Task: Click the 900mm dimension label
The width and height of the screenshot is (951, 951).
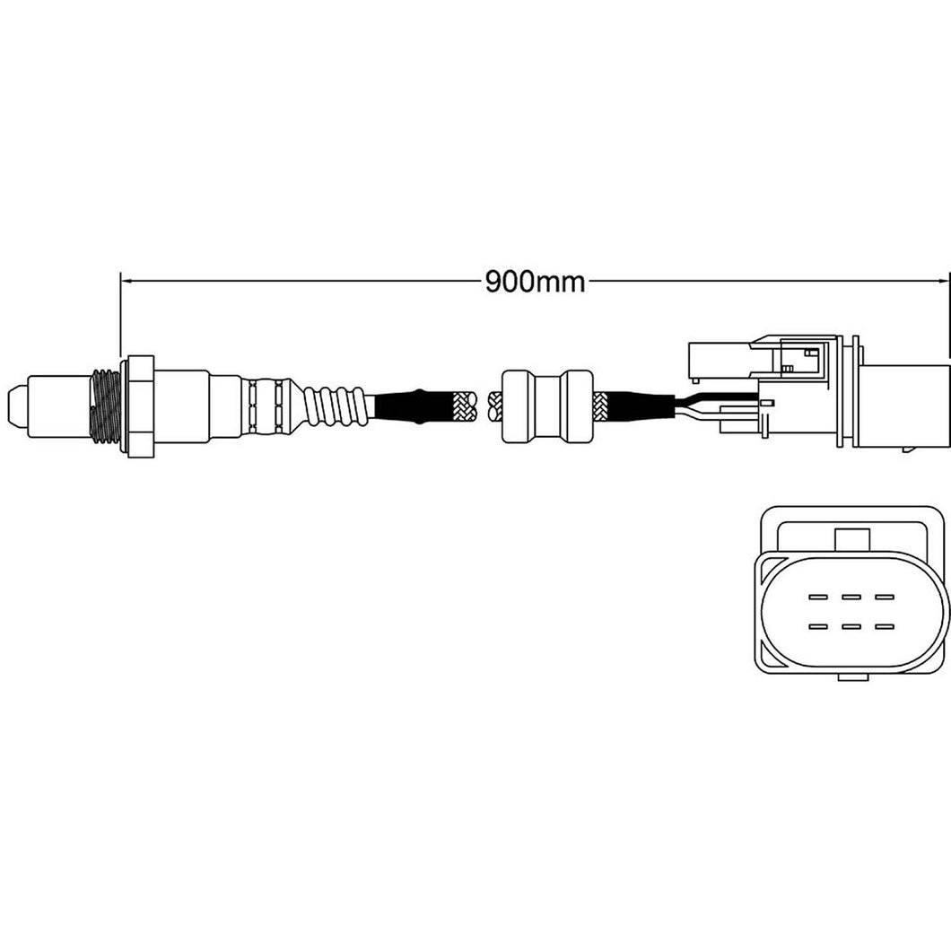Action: [x=536, y=282]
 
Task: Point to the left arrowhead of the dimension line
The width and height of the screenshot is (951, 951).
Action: [x=127, y=281]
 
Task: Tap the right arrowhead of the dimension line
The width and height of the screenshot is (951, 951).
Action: [x=942, y=281]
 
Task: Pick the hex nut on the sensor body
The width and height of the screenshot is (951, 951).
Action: [x=137, y=406]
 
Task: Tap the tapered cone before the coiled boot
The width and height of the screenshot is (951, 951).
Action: [x=295, y=406]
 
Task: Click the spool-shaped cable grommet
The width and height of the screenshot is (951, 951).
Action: [x=546, y=406]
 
